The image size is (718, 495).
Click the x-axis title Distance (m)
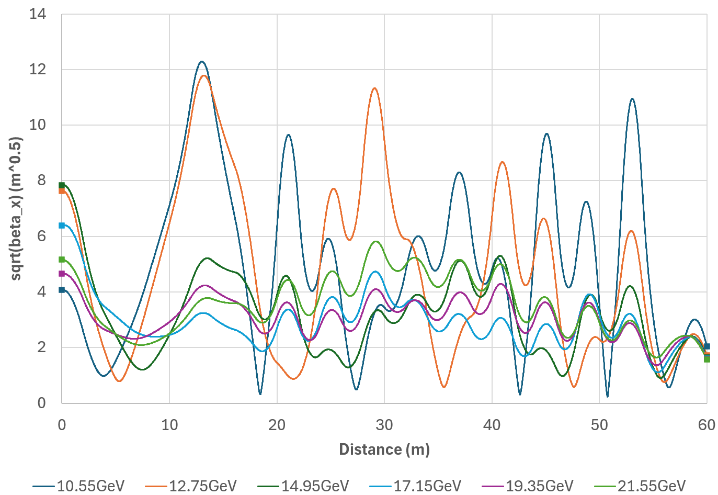[384, 449]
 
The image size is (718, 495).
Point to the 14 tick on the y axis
[38, 14]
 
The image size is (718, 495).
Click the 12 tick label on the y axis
[38, 70]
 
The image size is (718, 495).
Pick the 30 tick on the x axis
[384, 424]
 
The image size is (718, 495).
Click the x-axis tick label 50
[599, 424]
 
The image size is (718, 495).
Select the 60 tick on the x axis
[706, 424]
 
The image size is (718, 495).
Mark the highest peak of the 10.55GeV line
[202, 62]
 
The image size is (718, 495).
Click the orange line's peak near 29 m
[374, 88]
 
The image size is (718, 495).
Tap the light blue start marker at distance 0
[62, 226]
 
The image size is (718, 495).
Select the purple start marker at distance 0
[62, 274]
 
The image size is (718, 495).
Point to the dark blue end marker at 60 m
[707, 346]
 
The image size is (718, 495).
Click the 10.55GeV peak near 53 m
[632, 98]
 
